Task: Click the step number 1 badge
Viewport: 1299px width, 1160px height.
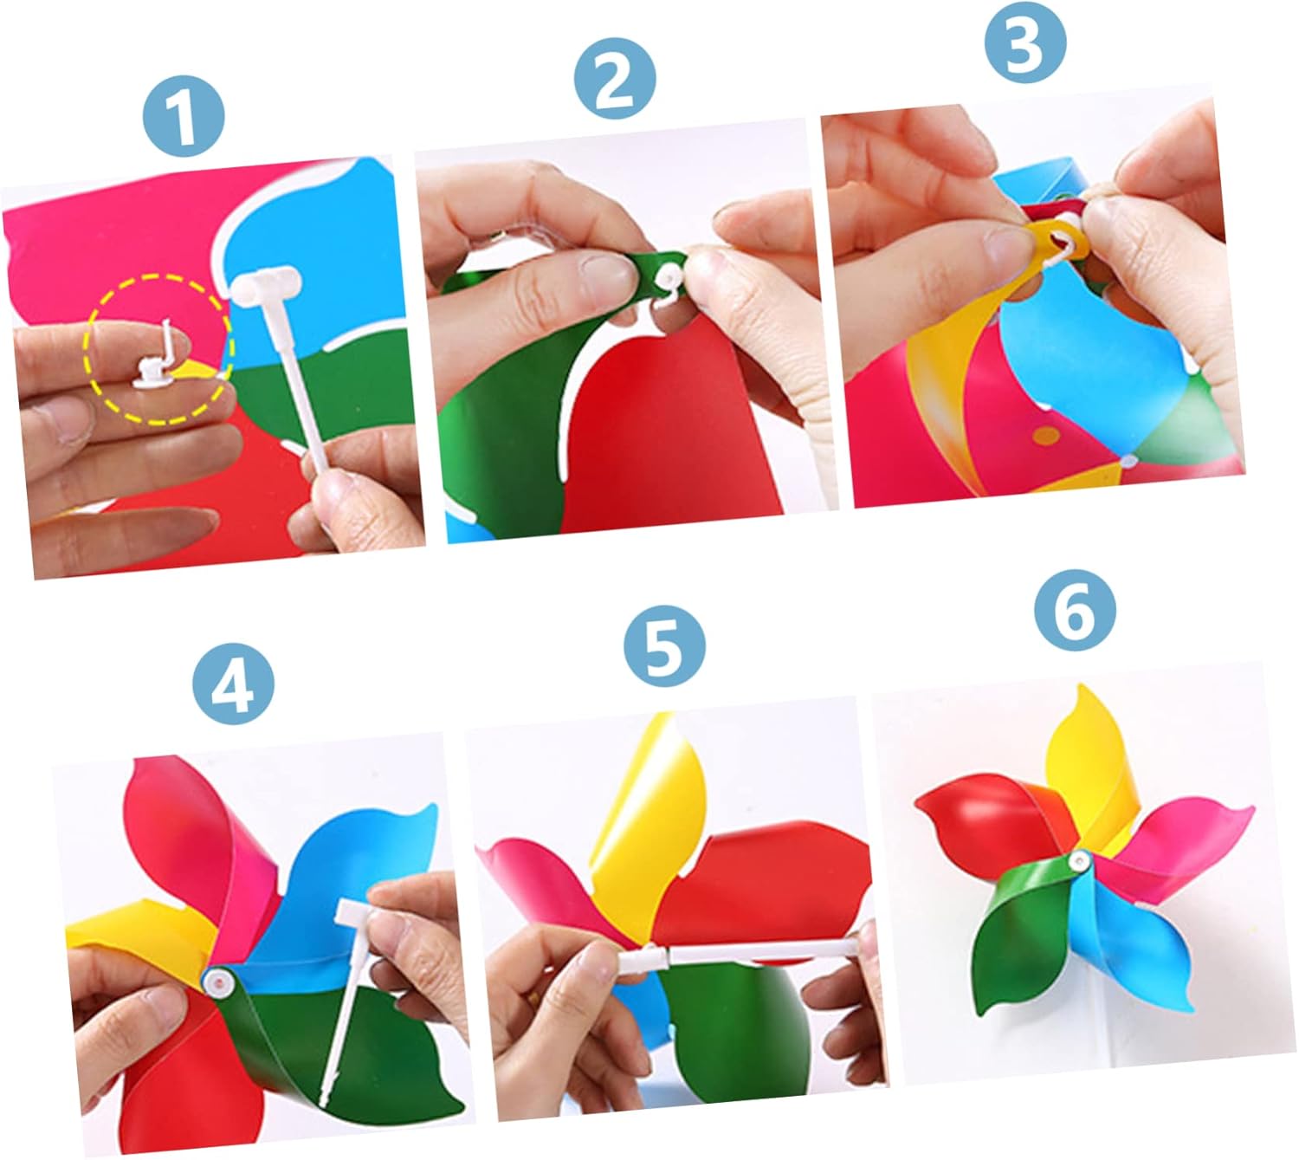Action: point(184,118)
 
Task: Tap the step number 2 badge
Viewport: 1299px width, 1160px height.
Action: point(615,80)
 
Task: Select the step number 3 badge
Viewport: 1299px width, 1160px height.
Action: point(1025,42)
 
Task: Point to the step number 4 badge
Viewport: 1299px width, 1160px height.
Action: point(233,684)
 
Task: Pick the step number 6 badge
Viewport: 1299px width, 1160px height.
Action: point(1076,610)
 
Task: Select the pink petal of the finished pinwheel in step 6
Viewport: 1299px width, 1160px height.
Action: point(1173,840)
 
